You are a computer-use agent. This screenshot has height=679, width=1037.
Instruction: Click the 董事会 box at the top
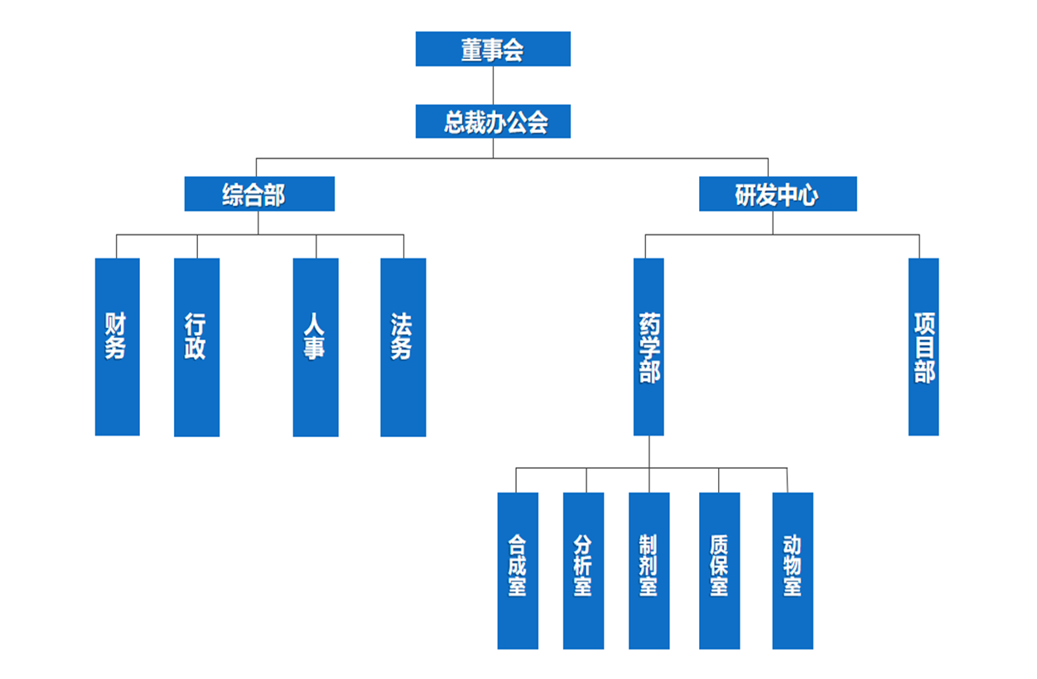click(x=493, y=49)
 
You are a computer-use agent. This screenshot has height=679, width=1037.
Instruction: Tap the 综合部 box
click(x=259, y=194)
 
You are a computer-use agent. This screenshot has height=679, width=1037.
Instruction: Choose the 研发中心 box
click(x=777, y=194)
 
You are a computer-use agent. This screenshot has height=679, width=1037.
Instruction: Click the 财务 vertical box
click(x=117, y=346)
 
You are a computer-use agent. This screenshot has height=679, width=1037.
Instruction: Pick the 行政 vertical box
click(x=196, y=346)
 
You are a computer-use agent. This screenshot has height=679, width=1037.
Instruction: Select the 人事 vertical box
click(x=316, y=346)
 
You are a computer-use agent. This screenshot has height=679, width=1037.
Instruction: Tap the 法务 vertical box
click(x=403, y=346)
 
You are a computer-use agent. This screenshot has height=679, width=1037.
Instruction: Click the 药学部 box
click(x=649, y=346)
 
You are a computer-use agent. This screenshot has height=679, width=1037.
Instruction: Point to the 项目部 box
click(x=924, y=346)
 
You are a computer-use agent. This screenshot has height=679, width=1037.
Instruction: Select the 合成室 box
click(x=518, y=570)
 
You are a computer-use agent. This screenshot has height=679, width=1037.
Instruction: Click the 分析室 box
click(x=583, y=570)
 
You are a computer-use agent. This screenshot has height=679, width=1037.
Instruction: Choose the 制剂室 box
click(x=649, y=570)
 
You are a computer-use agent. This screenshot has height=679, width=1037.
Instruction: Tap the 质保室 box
click(x=719, y=570)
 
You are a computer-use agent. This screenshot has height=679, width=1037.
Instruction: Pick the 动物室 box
click(x=792, y=570)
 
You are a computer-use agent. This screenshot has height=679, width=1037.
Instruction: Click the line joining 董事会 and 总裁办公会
click(x=493, y=85)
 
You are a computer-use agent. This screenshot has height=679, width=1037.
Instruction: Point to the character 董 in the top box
click(x=472, y=50)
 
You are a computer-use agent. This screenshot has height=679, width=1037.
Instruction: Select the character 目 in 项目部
click(x=924, y=347)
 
